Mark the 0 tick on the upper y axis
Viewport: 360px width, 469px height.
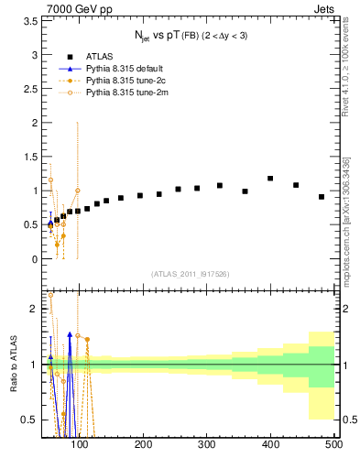click(x=35, y=259)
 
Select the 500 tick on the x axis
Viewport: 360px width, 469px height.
click(x=333, y=445)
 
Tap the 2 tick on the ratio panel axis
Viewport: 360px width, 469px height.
click(x=35, y=309)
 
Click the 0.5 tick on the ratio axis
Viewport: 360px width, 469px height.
click(x=31, y=420)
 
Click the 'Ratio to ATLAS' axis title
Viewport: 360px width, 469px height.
click(x=12, y=364)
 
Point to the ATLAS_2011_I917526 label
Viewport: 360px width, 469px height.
click(x=190, y=274)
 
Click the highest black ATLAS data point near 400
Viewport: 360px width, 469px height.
click(x=270, y=179)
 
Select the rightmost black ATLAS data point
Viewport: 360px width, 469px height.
click(x=322, y=197)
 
